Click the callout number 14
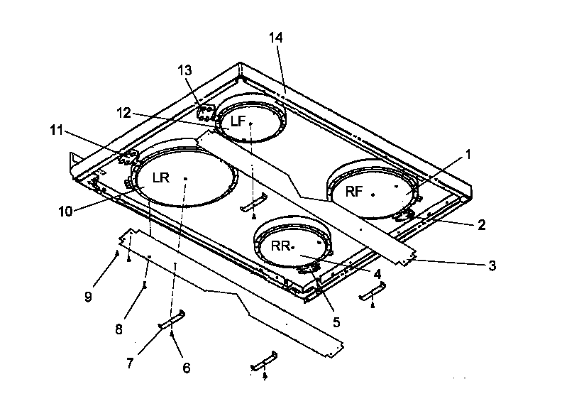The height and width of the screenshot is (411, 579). pyautogui.click(x=275, y=38)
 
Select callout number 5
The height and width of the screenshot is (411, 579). pyautogui.click(x=335, y=321)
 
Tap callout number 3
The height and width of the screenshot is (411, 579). pyautogui.click(x=491, y=266)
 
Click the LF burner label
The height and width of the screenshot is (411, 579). pyautogui.click(x=238, y=121)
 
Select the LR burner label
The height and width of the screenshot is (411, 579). pyautogui.click(x=160, y=177)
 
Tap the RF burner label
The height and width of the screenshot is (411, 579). pyautogui.click(x=354, y=191)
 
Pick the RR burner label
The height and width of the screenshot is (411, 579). pyautogui.click(x=281, y=246)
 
